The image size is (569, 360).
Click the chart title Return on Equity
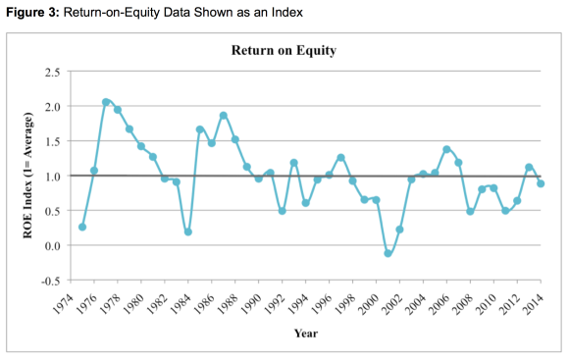pyautogui.click(x=284, y=50)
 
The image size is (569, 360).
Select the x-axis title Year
pyautogui.click(x=305, y=333)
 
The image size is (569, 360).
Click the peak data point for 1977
pyautogui.click(x=106, y=102)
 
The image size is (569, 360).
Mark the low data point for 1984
pyautogui.click(x=187, y=231)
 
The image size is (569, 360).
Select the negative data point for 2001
pyautogui.click(x=388, y=253)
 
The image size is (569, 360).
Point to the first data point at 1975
pyautogui.click(x=82, y=227)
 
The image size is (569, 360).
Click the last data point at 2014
pyautogui.click(x=541, y=183)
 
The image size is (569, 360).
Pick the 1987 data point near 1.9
pyautogui.click(x=223, y=116)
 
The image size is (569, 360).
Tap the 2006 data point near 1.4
pyautogui.click(x=446, y=149)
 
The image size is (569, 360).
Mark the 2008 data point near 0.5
pyautogui.click(x=470, y=211)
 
